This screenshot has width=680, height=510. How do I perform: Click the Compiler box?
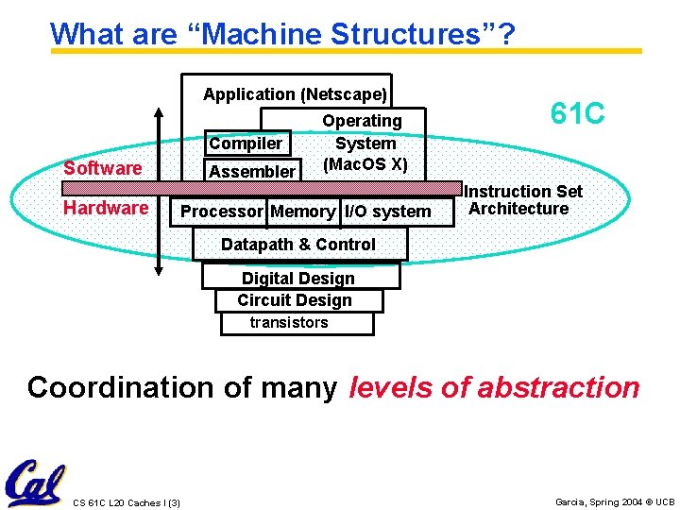coord(246,144)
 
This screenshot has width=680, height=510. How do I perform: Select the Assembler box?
coord(252,171)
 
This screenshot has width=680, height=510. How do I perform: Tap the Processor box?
coord(221,212)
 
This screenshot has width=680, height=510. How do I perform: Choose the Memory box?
coord(302,212)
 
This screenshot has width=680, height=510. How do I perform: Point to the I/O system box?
coord(387,212)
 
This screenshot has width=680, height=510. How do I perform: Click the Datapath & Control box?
coord(298,245)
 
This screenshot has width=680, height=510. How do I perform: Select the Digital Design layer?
coord(298,279)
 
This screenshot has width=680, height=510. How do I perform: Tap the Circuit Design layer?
coord(295,300)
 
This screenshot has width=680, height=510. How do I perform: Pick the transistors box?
coord(290,323)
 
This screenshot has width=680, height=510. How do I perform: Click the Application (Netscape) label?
coord(295,94)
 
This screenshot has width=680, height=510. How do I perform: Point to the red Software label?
coord(102,168)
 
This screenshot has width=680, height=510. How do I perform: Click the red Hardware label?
coord(105,208)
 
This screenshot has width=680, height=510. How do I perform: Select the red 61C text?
coord(577,114)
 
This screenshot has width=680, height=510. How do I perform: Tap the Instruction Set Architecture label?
coord(522,200)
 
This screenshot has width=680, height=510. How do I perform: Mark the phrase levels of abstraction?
coord(494,387)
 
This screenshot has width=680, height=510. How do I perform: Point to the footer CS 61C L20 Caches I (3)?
coord(127,501)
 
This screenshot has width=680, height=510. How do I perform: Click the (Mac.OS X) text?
coord(365,164)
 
